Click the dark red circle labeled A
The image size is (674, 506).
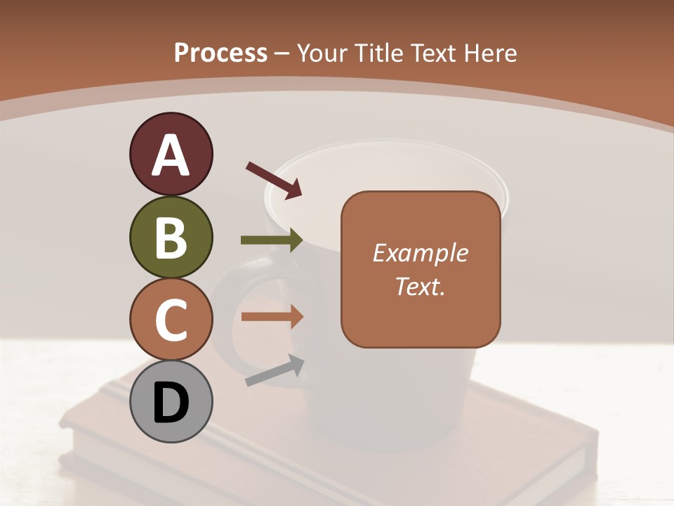pyautogui.click(x=171, y=155)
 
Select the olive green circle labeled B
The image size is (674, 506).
pyautogui.click(x=171, y=237)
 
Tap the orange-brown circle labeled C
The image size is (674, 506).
pyautogui.click(x=171, y=319)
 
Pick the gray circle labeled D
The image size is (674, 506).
pyautogui.click(x=171, y=401)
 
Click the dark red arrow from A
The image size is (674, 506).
pyautogui.click(x=274, y=179)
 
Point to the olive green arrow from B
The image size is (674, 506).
pyautogui.click(x=272, y=240)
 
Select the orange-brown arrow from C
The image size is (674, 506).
pyautogui.click(x=272, y=317)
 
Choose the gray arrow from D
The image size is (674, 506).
pyautogui.click(x=275, y=370)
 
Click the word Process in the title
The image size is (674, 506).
pyautogui.click(x=220, y=53)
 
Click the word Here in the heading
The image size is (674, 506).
pyautogui.click(x=490, y=53)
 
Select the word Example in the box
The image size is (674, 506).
pyautogui.click(x=420, y=253)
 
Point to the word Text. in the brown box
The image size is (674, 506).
pyautogui.click(x=420, y=286)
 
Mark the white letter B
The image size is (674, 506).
pyautogui.click(x=171, y=237)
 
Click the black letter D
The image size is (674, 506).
pyautogui.click(x=171, y=403)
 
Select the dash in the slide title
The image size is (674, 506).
pyautogui.click(x=282, y=53)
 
